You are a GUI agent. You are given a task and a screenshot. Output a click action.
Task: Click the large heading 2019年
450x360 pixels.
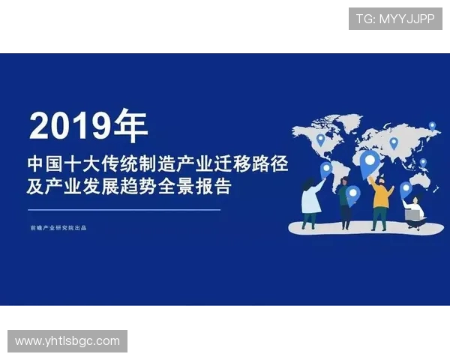(88, 126)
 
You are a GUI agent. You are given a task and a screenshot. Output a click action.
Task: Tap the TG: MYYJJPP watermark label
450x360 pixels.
(395, 19)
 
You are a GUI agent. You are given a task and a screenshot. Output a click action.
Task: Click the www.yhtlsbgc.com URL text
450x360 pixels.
(67, 341)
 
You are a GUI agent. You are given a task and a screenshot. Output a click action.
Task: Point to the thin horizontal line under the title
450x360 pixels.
(124, 210)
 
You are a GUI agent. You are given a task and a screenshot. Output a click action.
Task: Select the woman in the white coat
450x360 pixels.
(310, 201)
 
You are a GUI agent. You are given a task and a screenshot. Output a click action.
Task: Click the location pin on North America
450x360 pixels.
(320, 139)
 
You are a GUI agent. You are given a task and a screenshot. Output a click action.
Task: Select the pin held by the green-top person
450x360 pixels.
(353, 193)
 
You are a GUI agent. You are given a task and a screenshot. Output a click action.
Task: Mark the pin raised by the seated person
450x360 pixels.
(406, 188)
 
